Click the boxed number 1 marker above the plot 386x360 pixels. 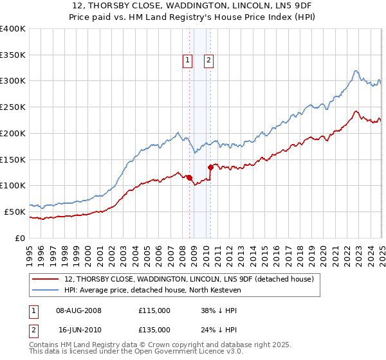187,61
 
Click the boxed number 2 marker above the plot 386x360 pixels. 209,61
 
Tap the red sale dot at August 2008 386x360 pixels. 189,177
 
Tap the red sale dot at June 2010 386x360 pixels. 210,167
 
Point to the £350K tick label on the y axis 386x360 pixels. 13,55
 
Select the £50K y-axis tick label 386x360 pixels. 15,212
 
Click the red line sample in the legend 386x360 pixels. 46,279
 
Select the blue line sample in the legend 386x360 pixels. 46,290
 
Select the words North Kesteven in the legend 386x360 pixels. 223,290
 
